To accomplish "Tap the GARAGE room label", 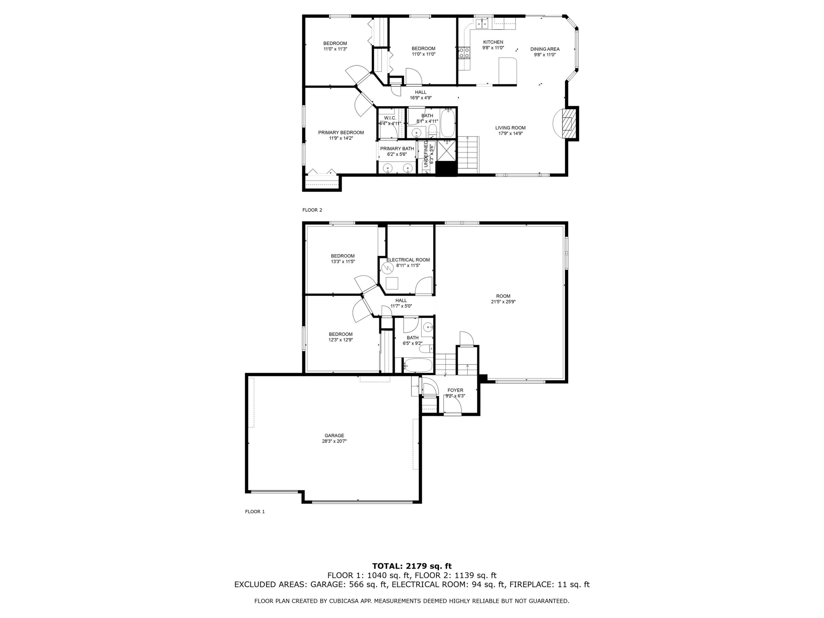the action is [x=334, y=435].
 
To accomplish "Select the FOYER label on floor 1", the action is [x=455, y=390].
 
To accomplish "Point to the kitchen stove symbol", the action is [x=464, y=52].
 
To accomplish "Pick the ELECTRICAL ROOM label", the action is [x=408, y=260].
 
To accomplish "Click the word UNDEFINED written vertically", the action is [x=426, y=154].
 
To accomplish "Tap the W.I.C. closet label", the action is [x=390, y=118].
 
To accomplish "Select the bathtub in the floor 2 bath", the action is [x=447, y=123].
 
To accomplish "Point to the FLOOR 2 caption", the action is [x=312, y=210].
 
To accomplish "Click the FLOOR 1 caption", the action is [x=255, y=512].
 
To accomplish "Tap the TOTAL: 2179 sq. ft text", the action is [x=412, y=566].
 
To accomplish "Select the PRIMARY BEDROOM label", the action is [x=341, y=133].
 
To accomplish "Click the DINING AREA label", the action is [x=545, y=49].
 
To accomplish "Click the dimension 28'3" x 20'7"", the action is [x=334, y=441].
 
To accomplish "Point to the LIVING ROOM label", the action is [x=510, y=128].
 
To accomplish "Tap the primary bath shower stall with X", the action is [x=446, y=151].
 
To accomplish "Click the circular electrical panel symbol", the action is [x=388, y=268].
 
